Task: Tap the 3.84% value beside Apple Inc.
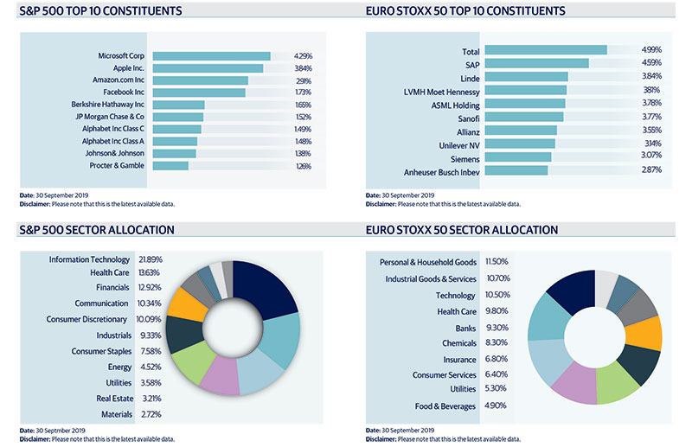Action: (302, 68)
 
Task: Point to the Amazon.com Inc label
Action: (117, 80)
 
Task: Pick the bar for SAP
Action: (537, 63)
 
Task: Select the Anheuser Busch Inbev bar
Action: (517, 170)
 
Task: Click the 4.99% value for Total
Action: (650, 51)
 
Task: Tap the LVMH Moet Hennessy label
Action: (442, 90)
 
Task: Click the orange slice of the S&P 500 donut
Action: (188, 304)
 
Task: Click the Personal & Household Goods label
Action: (429, 262)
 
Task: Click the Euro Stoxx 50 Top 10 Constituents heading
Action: (465, 11)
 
